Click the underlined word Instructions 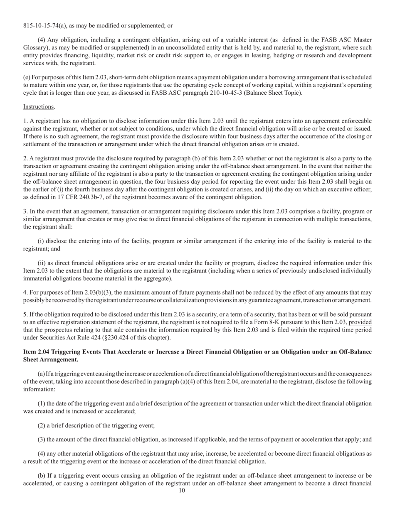pyautogui.click(x=39, y=107)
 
